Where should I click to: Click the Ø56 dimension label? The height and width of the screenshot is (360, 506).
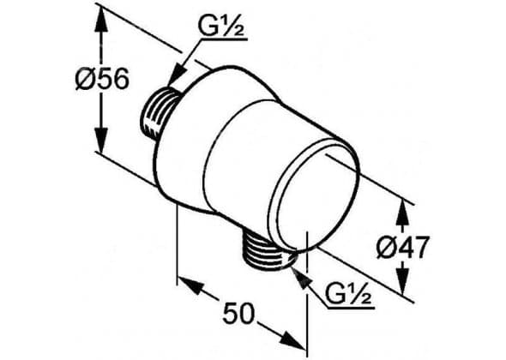click(x=102, y=80)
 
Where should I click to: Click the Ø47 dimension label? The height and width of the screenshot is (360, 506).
click(x=403, y=248)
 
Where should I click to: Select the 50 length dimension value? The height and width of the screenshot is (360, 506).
click(x=238, y=313)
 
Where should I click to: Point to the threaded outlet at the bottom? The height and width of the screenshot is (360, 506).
click(x=268, y=251)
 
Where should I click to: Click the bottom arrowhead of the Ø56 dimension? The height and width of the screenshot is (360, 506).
click(x=101, y=140)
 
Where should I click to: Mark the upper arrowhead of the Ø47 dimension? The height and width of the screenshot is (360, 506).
click(x=403, y=213)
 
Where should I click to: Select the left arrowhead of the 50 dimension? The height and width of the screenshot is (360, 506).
click(x=191, y=285)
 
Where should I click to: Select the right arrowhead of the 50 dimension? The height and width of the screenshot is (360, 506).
click(x=293, y=339)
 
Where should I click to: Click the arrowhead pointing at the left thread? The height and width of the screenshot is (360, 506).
click(x=177, y=75)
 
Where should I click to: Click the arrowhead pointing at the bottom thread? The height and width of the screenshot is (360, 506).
click(x=300, y=279)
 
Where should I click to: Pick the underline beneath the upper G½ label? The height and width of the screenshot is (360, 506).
click(x=224, y=39)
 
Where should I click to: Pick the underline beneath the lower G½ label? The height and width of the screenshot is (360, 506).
click(x=351, y=308)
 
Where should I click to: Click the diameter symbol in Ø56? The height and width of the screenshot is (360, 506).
click(x=85, y=80)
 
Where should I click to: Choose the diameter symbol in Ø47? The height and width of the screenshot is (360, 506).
click(x=386, y=248)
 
